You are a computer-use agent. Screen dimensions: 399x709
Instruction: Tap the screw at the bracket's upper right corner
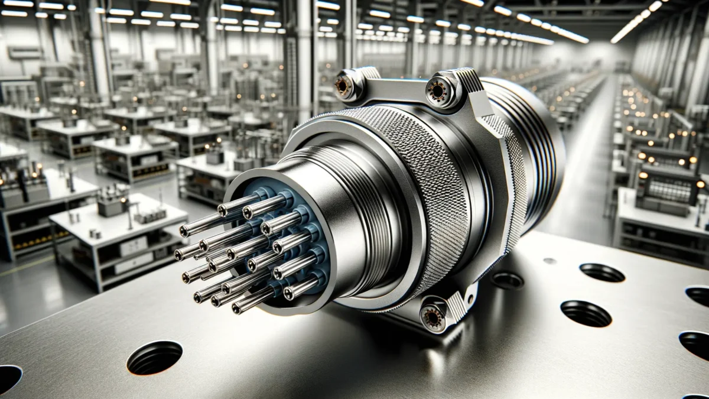tap(439, 90)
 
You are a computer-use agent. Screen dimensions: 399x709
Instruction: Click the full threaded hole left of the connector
tap(154, 358)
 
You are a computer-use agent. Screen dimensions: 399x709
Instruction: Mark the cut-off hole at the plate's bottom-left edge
tap(9, 378)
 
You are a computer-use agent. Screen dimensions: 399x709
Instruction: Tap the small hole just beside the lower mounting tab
tap(506, 280)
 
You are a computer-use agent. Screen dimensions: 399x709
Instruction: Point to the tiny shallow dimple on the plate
tap(549, 261)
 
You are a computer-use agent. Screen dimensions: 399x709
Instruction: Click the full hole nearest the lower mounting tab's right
tap(585, 313)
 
